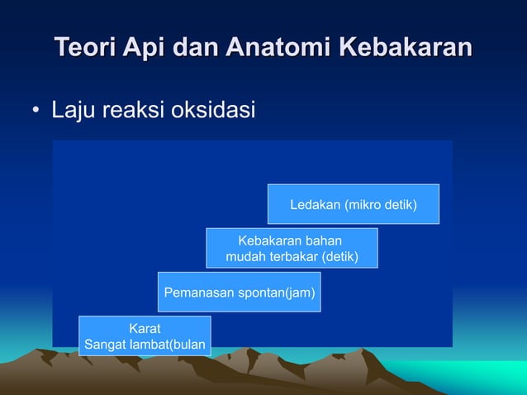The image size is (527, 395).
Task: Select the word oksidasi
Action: (211, 110)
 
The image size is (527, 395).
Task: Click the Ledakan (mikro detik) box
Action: (353, 204)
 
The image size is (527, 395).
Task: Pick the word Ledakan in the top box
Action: (314, 204)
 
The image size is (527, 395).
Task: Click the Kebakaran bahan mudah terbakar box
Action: (292, 249)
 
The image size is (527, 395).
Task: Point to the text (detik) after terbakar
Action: (339, 257)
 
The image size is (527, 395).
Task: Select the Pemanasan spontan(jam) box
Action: (239, 293)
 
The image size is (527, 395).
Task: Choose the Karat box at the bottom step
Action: (145, 336)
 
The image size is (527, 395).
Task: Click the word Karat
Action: (145, 328)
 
